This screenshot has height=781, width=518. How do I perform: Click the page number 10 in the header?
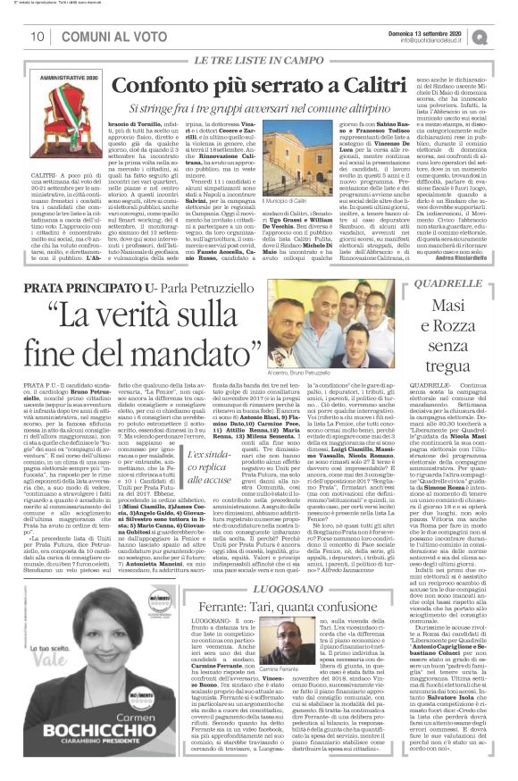[x=38, y=36]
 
